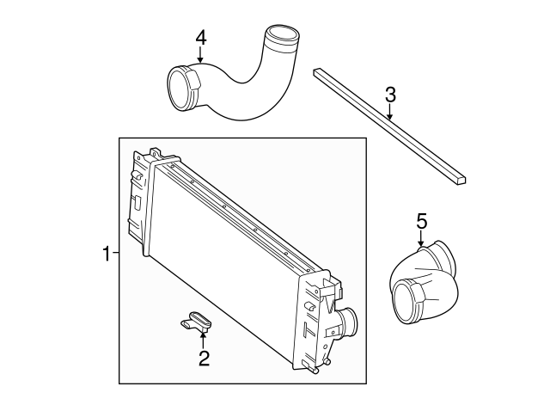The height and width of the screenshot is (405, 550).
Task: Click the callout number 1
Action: [x=106, y=254]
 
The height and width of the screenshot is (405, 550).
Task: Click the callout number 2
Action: [x=204, y=359]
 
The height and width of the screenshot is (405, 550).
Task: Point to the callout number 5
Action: [x=421, y=221]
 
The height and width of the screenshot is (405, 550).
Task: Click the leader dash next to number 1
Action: [x=115, y=254]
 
